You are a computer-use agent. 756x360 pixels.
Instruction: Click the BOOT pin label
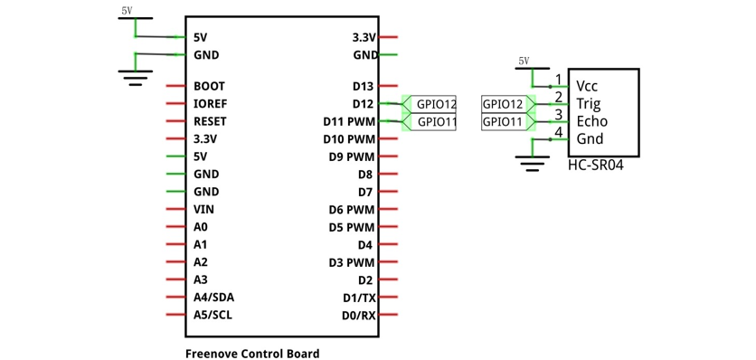tap(209, 86)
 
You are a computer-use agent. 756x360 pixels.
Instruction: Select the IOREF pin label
tap(211, 104)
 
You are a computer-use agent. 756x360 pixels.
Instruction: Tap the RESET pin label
tap(210, 121)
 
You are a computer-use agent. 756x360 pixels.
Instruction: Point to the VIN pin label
tap(204, 210)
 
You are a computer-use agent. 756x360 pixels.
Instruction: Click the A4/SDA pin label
tap(214, 298)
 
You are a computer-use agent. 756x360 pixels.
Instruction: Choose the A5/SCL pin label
tap(213, 315)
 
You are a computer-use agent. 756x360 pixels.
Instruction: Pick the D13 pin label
tap(363, 86)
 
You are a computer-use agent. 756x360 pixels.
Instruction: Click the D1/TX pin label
tap(359, 298)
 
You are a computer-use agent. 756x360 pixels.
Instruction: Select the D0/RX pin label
tap(359, 316)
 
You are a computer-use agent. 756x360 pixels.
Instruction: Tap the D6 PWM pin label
tap(352, 210)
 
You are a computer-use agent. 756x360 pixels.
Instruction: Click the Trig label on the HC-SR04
tap(589, 104)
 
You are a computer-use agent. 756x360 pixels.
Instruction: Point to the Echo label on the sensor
tap(592, 121)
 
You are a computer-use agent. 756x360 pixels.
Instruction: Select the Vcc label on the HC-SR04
tap(588, 86)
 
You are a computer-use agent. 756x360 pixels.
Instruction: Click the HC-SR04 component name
tap(595, 166)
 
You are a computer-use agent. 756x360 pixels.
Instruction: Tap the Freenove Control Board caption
tap(252, 354)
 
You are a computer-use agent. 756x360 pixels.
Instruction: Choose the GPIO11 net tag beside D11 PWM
tap(430, 121)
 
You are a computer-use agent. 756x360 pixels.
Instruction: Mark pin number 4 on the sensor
tap(558, 132)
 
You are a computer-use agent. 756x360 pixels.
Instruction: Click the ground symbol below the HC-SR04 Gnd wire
tap(532, 163)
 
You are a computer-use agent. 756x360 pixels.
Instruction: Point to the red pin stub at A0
tap(175, 227)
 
